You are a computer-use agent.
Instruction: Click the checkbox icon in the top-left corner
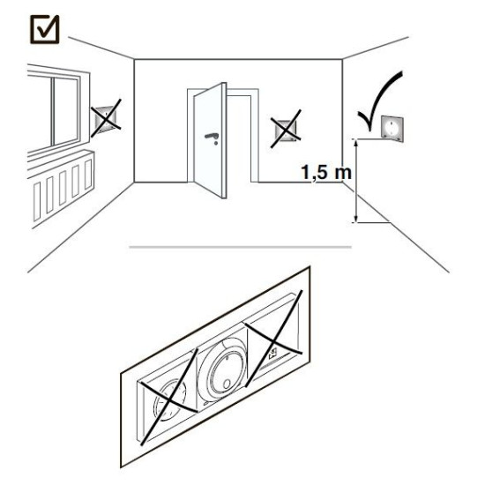point(45,29)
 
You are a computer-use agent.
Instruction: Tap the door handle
point(213,138)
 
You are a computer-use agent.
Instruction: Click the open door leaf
point(210,141)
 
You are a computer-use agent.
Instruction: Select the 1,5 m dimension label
point(326,172)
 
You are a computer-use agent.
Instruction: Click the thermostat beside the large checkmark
point(392,129)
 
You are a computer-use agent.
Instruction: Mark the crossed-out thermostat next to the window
point(105,118)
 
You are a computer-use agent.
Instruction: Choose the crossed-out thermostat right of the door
point(286,130)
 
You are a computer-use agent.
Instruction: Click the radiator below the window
point(63,188)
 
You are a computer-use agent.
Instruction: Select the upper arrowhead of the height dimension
point(356,143)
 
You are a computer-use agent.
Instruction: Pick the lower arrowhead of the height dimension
point(356,219)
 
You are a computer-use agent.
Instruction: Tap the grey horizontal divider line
point(241,247)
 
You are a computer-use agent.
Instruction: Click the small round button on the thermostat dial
point(228,384)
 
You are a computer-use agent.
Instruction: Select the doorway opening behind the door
point(239,138)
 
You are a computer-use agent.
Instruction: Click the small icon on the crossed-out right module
point(273,354)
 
